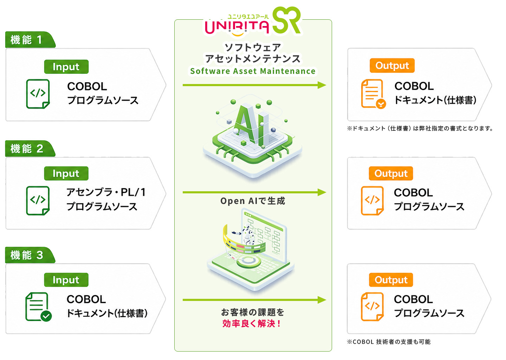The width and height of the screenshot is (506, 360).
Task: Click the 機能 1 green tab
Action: (30, 40)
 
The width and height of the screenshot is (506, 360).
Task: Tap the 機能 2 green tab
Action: (30, 148)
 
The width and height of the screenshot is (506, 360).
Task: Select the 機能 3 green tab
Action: (30, 255)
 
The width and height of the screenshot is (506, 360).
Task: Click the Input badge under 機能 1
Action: (66, 67)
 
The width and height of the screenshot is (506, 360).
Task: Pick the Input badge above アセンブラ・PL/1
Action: (66, 173)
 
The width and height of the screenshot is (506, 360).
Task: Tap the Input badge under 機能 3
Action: (66, 280)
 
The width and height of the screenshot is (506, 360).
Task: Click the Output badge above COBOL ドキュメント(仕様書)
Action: (392, 65)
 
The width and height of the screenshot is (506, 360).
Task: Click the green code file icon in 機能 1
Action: (38, 94)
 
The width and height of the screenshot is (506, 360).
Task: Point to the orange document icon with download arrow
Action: (373, 94)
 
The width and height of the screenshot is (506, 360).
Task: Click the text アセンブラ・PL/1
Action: (106, 192)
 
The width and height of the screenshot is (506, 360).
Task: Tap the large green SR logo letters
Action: (287, 20)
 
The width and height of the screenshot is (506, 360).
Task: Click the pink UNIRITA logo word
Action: (237, 27)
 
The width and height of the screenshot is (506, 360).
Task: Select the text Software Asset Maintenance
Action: (253, 71)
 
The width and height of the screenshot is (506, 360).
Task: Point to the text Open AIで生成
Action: (253, 201)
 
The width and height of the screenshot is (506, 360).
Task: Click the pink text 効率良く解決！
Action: (252, 324)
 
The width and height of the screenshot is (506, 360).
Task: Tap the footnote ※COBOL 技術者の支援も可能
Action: (389, 342)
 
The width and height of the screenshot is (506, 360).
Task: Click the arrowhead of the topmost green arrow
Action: (322, 85)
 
